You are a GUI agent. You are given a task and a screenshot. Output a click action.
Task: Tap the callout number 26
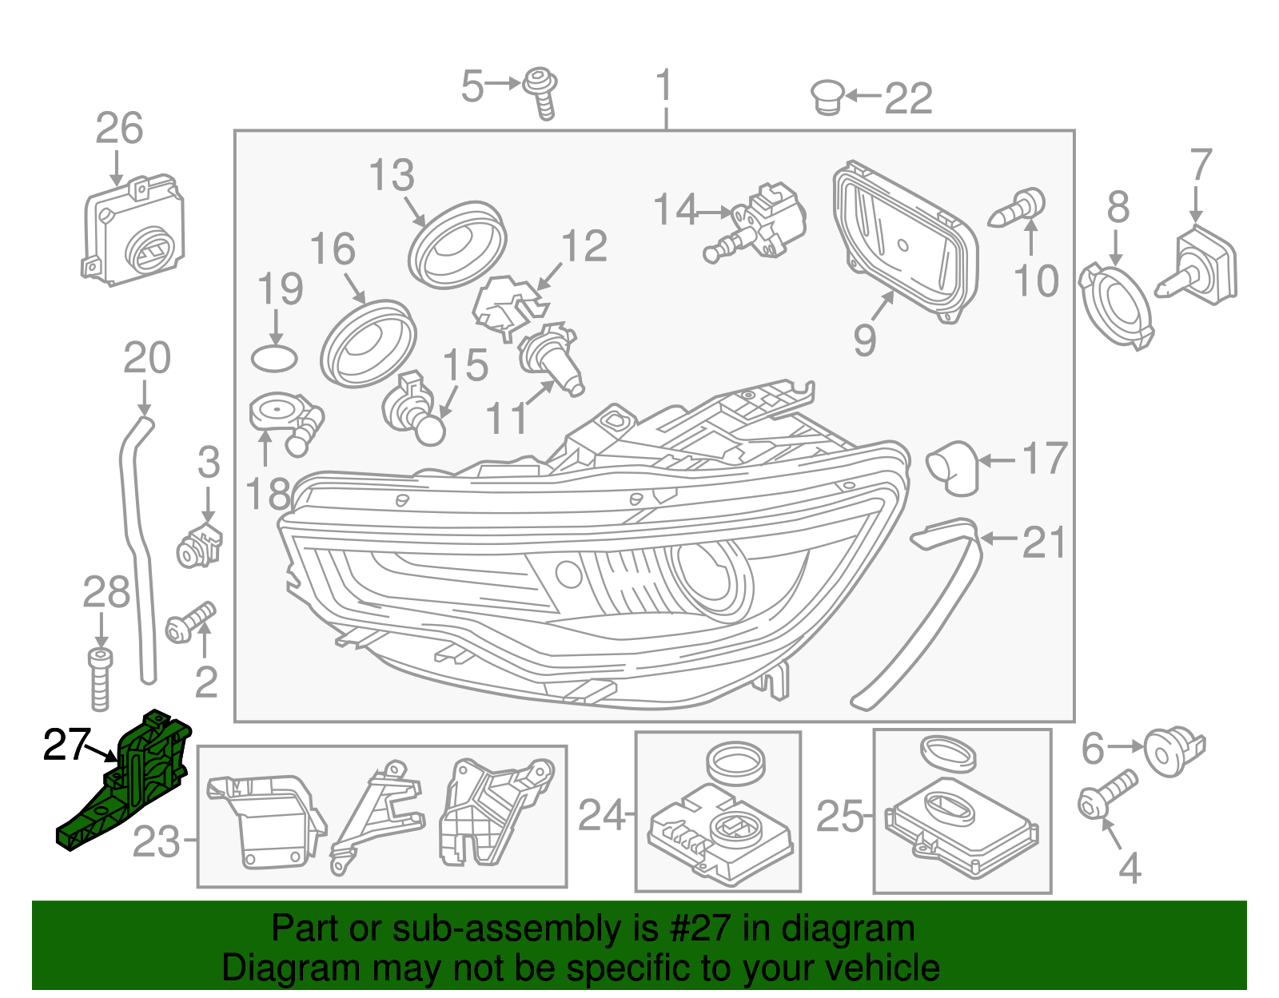click(119, 129)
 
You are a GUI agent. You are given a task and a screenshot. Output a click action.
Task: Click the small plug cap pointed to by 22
click(827, 97)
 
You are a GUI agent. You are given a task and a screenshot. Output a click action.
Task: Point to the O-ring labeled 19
click(274, 359)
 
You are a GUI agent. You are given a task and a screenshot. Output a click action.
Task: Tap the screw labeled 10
click(1018, 207)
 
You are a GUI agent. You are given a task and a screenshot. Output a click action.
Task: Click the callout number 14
click(675, 210)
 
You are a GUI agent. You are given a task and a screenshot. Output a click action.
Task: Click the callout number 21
click(1044, 543)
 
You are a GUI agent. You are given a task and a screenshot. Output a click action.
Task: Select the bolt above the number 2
click(190, 623)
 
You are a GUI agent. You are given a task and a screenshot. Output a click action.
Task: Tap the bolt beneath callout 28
click(100, 679)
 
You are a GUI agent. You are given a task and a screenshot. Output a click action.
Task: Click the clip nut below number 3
click(198, 546)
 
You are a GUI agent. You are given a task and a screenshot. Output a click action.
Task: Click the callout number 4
click(1129, 869)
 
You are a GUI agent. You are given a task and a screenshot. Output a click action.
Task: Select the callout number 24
click(601, 816)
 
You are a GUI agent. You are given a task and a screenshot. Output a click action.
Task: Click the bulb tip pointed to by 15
click(430, 431)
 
